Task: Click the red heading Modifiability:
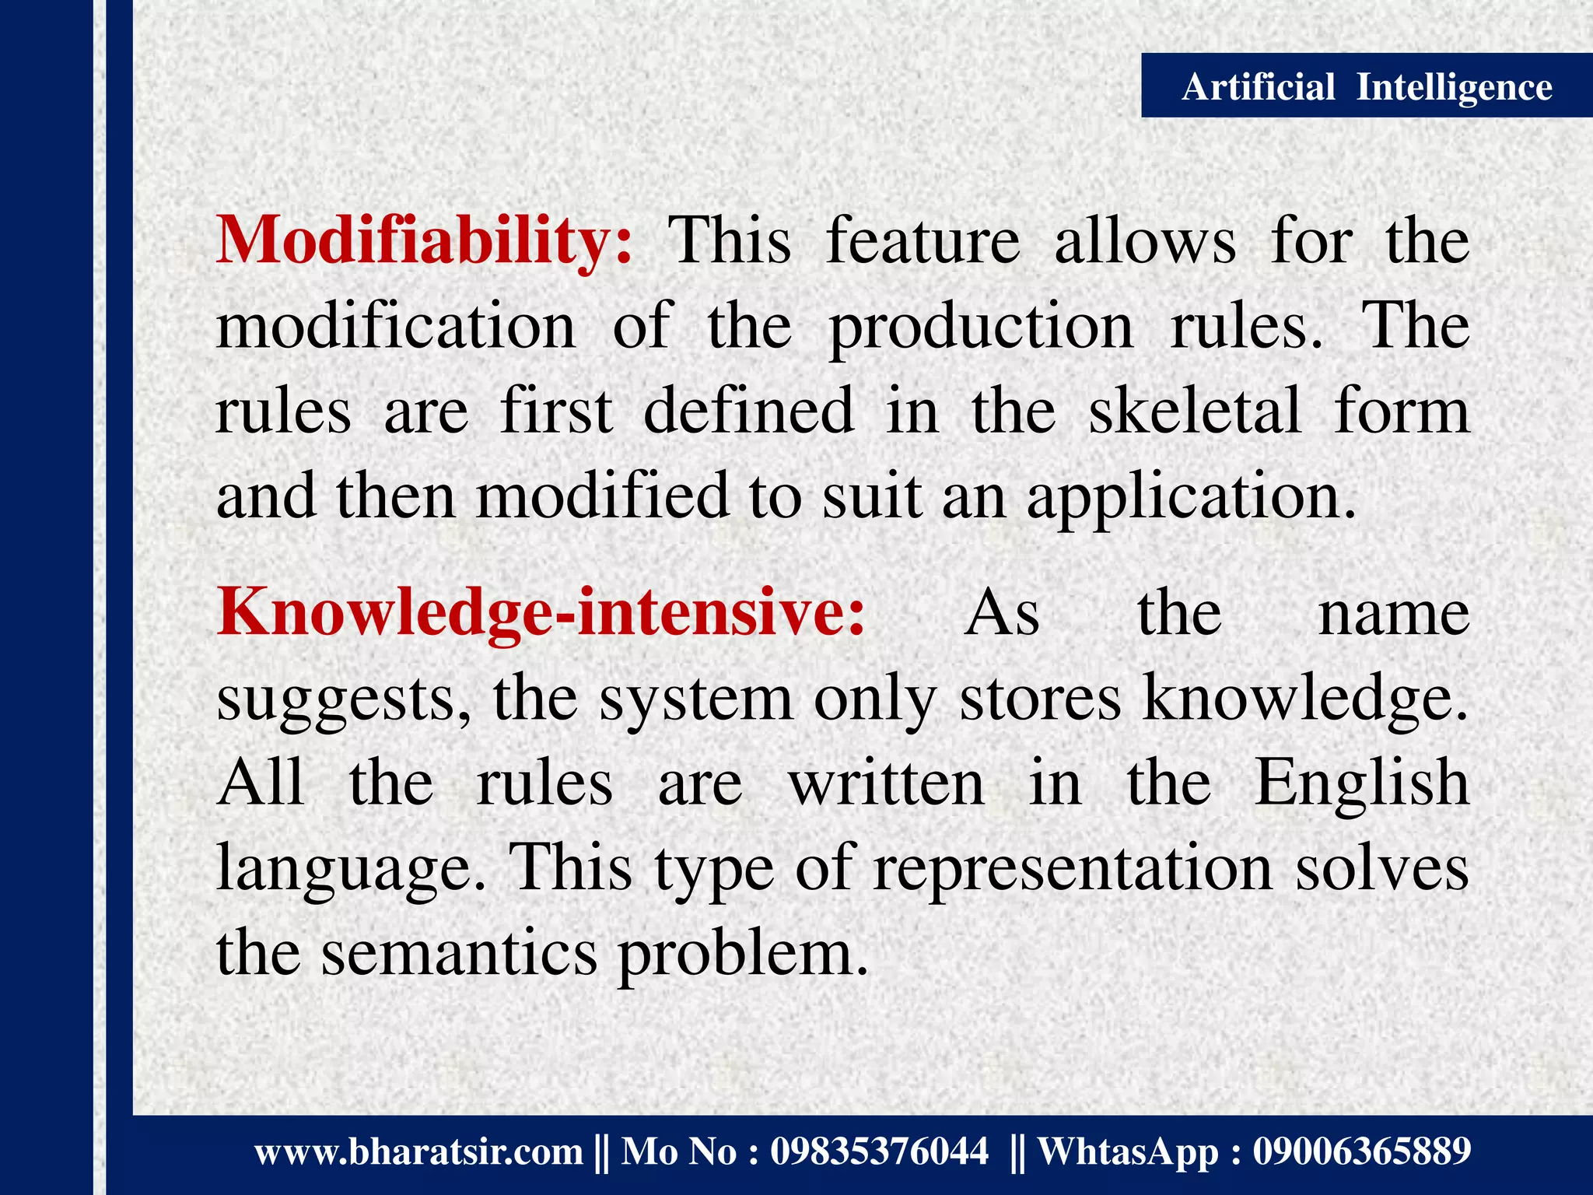point(425,241)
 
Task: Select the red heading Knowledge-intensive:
point(541,613)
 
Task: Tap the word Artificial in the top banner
point(1258,86)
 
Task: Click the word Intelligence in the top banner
point(1454,88)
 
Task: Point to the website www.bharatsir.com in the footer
point(418,1151)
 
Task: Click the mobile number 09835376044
point(879,1151)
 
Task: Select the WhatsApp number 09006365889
point(1361,1151)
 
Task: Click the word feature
point(923,241)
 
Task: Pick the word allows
point(1145,241)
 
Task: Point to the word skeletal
point(1195,411)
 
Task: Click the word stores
point(1041,699)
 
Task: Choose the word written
point(887,783)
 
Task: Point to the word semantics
point(459,954)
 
